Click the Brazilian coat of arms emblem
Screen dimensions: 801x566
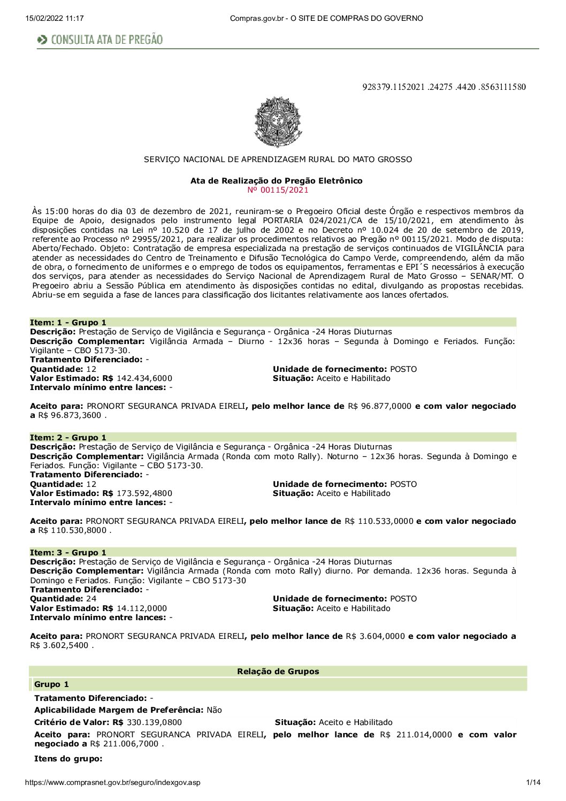[278, 122]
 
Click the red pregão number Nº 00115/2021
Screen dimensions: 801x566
[278, 189]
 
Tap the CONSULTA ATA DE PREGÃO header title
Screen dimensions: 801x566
[106, 40]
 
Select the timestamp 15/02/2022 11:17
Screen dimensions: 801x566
[55, 18]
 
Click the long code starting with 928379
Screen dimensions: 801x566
[443, 87]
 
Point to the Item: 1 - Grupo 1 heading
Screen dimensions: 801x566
[68, 322]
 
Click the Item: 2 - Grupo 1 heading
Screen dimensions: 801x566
[68, 437]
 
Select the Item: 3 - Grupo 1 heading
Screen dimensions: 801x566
[68, 552]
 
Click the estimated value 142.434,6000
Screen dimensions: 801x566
[144, 378]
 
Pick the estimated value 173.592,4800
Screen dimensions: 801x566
[144, 493]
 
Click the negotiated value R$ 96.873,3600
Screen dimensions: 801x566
[70, 415]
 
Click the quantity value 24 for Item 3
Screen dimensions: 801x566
[91, 599]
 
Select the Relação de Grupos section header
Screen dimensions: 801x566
[278, 672]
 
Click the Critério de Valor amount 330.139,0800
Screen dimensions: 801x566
[154, 722]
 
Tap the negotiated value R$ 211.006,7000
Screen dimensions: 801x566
[126, 744]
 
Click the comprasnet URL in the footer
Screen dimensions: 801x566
[113, 782]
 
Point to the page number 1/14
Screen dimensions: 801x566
[533, 782]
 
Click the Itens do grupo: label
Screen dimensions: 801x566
[68, 759]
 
